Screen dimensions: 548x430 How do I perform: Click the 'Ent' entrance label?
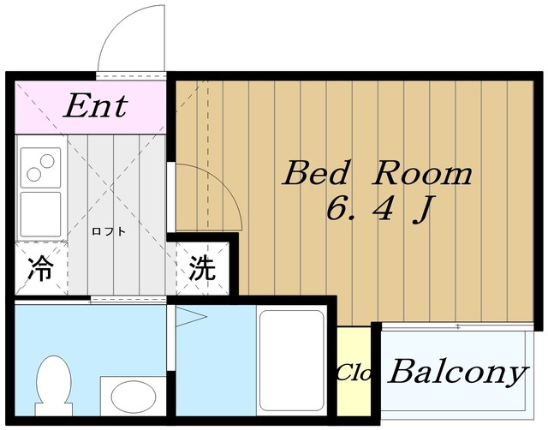[x=96, y=105]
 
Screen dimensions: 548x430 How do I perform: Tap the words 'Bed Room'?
[x=377, y=173]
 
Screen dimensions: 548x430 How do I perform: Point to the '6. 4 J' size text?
[x=380, y=209]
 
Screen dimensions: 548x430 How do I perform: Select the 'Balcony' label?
[x=458, y=373]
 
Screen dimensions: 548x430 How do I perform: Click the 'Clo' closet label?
[x=354, y=373]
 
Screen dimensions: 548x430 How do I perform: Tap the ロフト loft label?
[x=109, y=231]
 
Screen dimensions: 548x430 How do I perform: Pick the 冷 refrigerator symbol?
[x=40, y=268]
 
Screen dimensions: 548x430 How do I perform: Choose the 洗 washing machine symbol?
[x=202, y=268]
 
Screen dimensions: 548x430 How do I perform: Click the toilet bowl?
[x=53, y=385]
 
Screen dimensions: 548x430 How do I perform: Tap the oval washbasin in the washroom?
[x=134, y=396]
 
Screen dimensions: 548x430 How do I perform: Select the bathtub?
[x=291, y=361]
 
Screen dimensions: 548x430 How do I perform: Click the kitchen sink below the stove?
[x=40, y=214]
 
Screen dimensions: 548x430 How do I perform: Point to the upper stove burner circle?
[x=47, y=161]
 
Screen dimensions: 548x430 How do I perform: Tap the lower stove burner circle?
[x=34, y=174]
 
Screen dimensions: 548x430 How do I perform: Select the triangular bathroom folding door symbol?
[x=190, y=317]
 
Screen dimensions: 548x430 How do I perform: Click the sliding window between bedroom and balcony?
[x=457, y=327]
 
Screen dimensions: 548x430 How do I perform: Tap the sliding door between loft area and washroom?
[x=128, y=300]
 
